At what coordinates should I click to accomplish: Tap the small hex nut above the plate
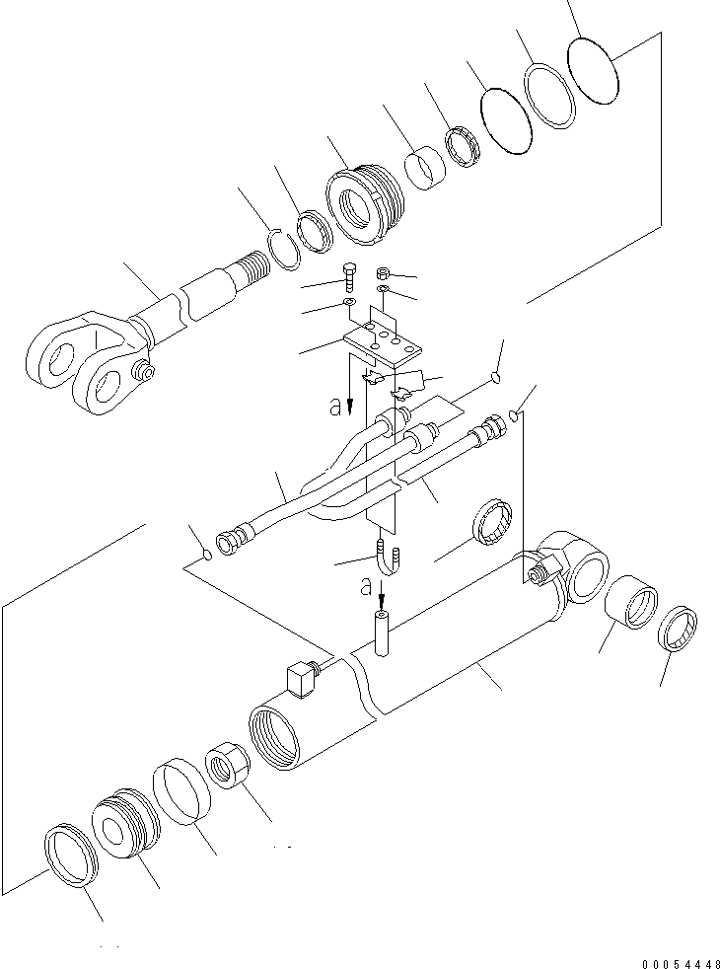pos(386,272)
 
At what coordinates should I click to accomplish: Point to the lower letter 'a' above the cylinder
pos(366,587)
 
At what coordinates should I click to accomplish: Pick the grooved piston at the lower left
pos(126,820)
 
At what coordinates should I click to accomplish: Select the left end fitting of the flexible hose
pos(229,540)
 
